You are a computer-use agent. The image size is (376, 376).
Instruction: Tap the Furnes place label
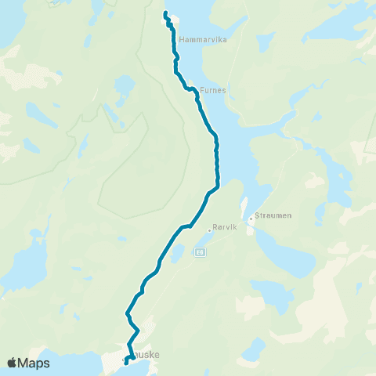[x=213, y=90]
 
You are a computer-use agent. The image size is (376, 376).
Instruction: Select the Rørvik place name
[x=226, y=230]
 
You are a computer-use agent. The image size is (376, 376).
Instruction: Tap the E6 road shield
[x=201, y=252]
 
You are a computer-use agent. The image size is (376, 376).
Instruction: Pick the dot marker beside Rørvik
[x=211, y=230]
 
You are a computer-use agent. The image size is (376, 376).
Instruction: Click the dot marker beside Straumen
[x=251, y=219]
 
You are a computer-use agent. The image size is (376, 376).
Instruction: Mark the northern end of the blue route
[x=165, y=13]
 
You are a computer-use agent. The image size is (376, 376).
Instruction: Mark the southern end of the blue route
[x=125, y=363]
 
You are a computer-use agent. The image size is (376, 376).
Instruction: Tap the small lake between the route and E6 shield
[x=177, y=252]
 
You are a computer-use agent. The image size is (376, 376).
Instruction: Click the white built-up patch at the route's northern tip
[x=171, y=20]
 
